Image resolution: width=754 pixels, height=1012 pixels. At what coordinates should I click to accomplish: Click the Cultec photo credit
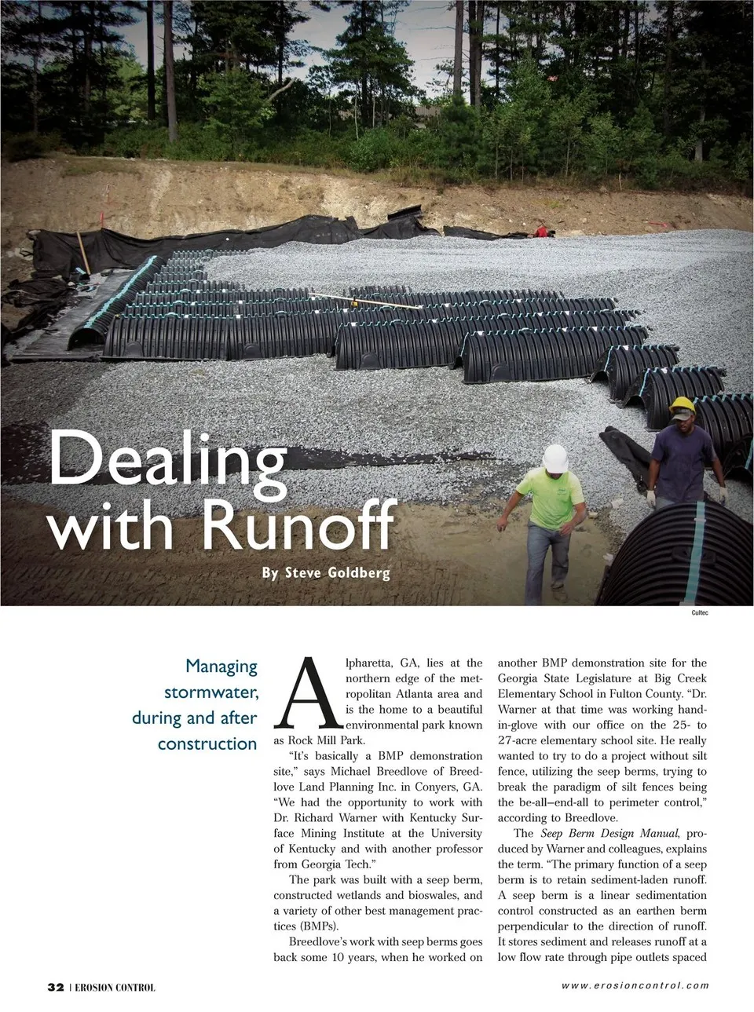[x=699, y=612]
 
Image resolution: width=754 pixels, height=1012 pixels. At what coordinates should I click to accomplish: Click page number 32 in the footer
[x=55, y=987]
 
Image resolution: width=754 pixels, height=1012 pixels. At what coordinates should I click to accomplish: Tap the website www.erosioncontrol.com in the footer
[x=635, y=986]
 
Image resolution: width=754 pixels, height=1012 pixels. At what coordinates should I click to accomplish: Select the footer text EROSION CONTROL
[x=115, y=988]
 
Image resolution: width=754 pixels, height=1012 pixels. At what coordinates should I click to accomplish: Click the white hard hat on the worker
[x=556, y=458]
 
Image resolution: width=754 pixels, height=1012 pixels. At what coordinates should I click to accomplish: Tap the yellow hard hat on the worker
[x=683, y=406]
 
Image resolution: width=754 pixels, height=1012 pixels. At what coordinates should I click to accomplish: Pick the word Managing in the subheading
[x=221, y=667]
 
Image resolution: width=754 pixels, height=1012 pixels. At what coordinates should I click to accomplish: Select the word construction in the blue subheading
[x=207, y=743]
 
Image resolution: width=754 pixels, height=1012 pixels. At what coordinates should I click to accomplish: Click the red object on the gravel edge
[x=540, y=232]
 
